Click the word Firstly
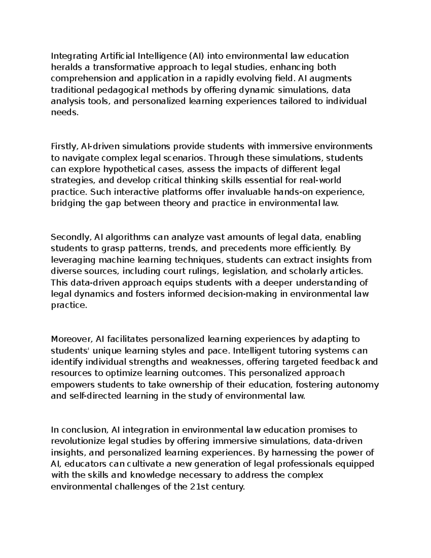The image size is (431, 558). coord(65,147)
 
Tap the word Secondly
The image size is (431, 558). coord(71,237)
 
